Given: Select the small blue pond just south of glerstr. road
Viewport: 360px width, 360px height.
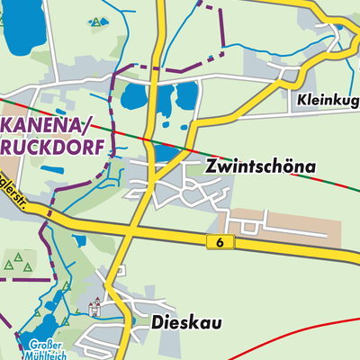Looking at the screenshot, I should click(x=79, y=240).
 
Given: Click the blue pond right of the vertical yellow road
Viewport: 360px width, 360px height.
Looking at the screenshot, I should click(x=186, y=94).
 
